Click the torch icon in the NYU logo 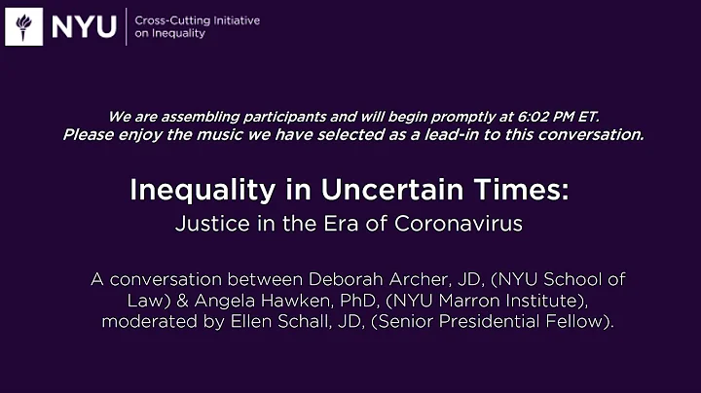(x=24, y=26)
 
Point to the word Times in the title (x=526, y=190)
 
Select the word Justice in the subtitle (x=206, y=223)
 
